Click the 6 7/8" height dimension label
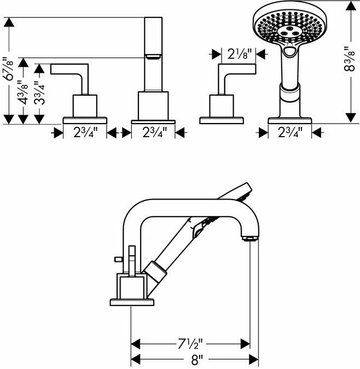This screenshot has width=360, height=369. (9, 70)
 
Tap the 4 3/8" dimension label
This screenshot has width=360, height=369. (24, 92)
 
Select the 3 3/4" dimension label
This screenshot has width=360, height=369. (39, 92)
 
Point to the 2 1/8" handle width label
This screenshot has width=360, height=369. (238, 54)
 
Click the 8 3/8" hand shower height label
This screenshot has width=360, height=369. (350, 59)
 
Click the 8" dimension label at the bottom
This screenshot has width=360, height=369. (197, 360)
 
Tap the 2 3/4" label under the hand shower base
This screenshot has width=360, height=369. (290, 133)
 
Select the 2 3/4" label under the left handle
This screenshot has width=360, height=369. (85, 133)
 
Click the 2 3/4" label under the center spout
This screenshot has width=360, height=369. (154, 133)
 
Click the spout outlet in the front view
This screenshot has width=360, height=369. (153, 56)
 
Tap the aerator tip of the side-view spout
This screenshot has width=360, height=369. (250, 239)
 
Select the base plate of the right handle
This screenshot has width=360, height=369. (222, 120)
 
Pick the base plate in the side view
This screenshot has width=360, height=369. (132, 302)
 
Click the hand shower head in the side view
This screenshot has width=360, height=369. (235, 191)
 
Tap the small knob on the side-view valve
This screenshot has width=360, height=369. (118, 259)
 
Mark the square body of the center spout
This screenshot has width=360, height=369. (153, 106)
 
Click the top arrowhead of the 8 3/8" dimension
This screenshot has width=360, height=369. (351, 5)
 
